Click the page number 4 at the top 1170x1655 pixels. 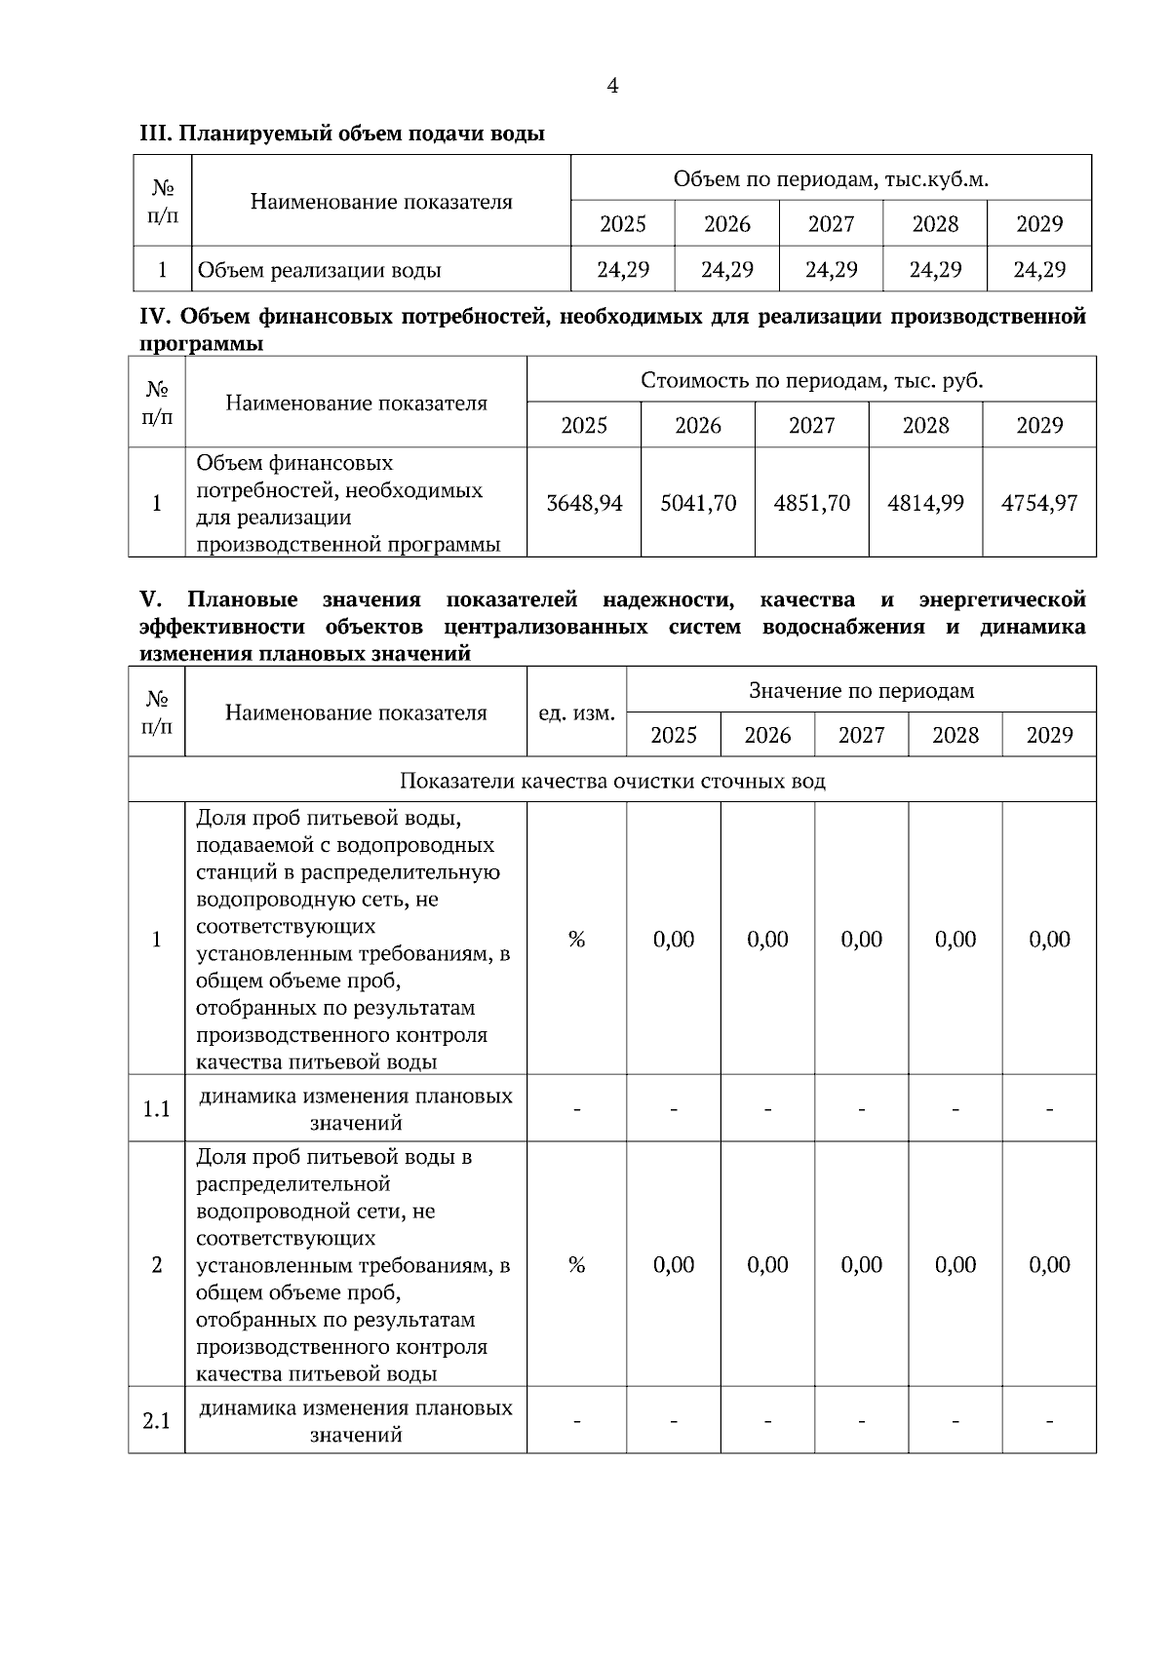pyautogui.click(x=612, y=87)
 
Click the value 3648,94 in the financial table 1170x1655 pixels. pyautogui.click(x=584, y=503)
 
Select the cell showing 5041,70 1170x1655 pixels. pyautogui.click(x=698, y=503)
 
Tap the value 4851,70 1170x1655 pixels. pyautogui.click(x=811, y=503)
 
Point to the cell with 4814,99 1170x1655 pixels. pyautogui.click(x=925, y=503)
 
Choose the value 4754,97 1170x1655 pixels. pyautogui.click(x=1039, y=503)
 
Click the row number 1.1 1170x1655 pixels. pyautogui.click(x=157, y=1109)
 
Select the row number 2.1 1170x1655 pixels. pyautogui.click(x=157, y=1421)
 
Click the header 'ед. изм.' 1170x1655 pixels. pyautogui.click(x=576, y=713)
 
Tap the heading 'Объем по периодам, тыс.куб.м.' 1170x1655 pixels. pyautogui.click(x=831, y=179)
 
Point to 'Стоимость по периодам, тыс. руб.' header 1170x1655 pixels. pyautogui.click(x=811, y=380)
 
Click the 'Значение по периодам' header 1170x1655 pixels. pyautogui.click(x=861, y=691)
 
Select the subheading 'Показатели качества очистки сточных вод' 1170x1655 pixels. pyautogui.click(x=612, y=782)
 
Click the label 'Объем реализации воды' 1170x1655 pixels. pyautogui.click(x=320, y=270)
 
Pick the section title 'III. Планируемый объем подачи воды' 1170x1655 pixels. pyautogui.click(x=342, y=134)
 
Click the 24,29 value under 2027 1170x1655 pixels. pyautogui.click(x=831, y=270)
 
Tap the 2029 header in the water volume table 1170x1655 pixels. pyautogui.click(x=1039, y=224)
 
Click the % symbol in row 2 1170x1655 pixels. pyautogui.click(x=576, y=1265)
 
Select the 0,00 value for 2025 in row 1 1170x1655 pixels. pyautogui.click(x=674, y=940)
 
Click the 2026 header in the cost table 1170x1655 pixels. pyautogui.click(x=698, y=426)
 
